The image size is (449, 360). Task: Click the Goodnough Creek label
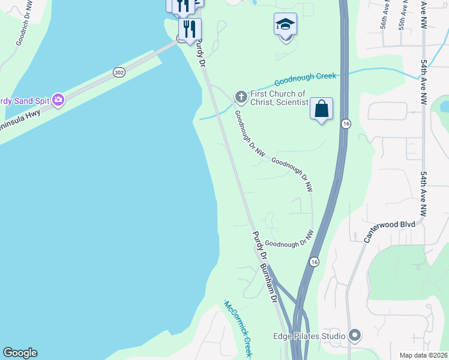[x=306, y=79]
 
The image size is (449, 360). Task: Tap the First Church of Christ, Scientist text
[x=278, y=98]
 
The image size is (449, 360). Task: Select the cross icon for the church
[x=241, y=97]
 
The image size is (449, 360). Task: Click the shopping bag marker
[x=321, y=109]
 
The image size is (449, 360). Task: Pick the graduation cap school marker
[x=285, y=25]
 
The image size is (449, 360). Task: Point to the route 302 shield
[x=119, y=72]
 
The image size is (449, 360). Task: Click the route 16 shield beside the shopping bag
[x=346, y=124]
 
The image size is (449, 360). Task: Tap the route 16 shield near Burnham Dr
[x=314, y=262]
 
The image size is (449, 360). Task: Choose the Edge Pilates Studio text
[x=309, y=336]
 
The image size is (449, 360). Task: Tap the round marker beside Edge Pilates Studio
[x=355, y=335]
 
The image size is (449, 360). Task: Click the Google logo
[x=20, y=353]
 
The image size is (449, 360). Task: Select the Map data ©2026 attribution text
[x=423, y=355]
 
